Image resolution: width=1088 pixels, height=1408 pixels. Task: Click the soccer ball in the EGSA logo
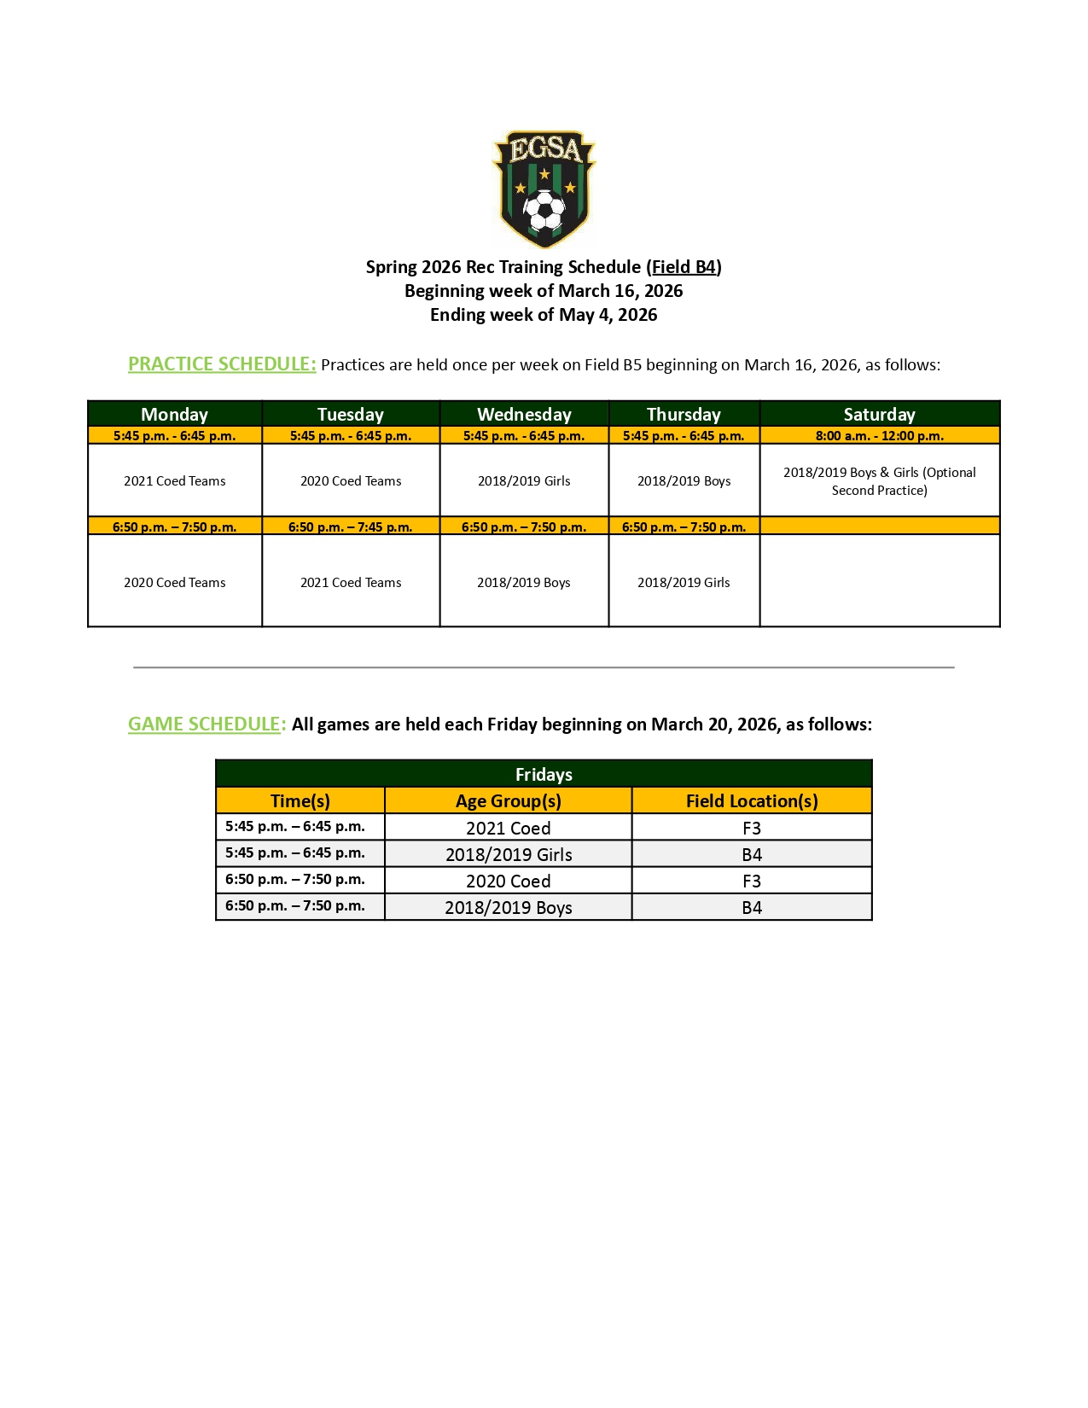coord(544,211)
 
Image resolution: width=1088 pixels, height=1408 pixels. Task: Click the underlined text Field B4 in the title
coord(684,267)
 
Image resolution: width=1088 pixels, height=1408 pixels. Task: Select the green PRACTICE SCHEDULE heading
coord(222,364)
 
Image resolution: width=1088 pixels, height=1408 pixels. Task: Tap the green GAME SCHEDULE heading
coord(207,724)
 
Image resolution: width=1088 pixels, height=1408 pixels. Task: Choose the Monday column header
coord(174,415)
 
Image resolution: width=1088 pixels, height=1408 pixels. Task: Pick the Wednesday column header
coord(524,415)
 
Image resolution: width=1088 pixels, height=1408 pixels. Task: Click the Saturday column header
coord(879,415)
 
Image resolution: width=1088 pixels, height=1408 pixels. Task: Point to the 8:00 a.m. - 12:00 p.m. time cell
coord(879,436)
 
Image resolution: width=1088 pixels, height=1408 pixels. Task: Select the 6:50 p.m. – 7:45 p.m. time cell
coord(350,527)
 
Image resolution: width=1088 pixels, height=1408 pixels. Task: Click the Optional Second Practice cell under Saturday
coord(879,481)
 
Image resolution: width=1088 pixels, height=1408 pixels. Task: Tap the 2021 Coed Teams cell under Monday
coord(174,481)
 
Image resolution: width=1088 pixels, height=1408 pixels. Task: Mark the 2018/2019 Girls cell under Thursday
coord(684,583)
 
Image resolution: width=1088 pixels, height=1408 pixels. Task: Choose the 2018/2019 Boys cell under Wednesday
coord(524,583)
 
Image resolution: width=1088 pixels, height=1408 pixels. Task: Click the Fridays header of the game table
coord(544,775)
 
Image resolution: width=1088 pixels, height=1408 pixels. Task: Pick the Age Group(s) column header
coord(509,801)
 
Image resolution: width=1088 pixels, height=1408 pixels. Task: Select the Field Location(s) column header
coord(752,801)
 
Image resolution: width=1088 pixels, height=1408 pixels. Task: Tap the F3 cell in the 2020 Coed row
coord(752,881)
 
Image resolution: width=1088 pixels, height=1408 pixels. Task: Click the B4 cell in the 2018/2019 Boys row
coord(752,908)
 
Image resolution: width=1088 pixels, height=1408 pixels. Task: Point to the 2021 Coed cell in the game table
coord(509,829)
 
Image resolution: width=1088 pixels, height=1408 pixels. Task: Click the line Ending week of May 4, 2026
coord(544,315)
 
